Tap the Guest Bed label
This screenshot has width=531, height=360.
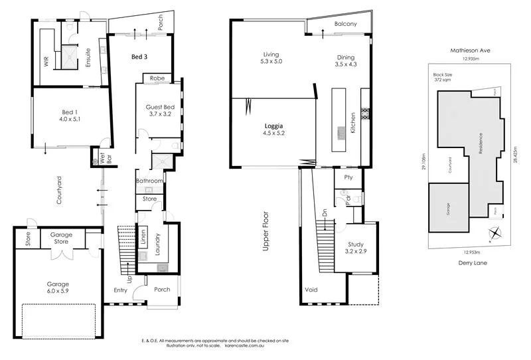point(159,110)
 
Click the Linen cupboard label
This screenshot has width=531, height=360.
point(143,238)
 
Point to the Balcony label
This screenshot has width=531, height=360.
point(345,24)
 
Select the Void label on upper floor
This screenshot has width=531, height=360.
point(311,290)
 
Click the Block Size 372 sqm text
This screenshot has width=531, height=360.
point(443,77)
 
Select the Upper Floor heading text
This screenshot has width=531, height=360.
point(265,230)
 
